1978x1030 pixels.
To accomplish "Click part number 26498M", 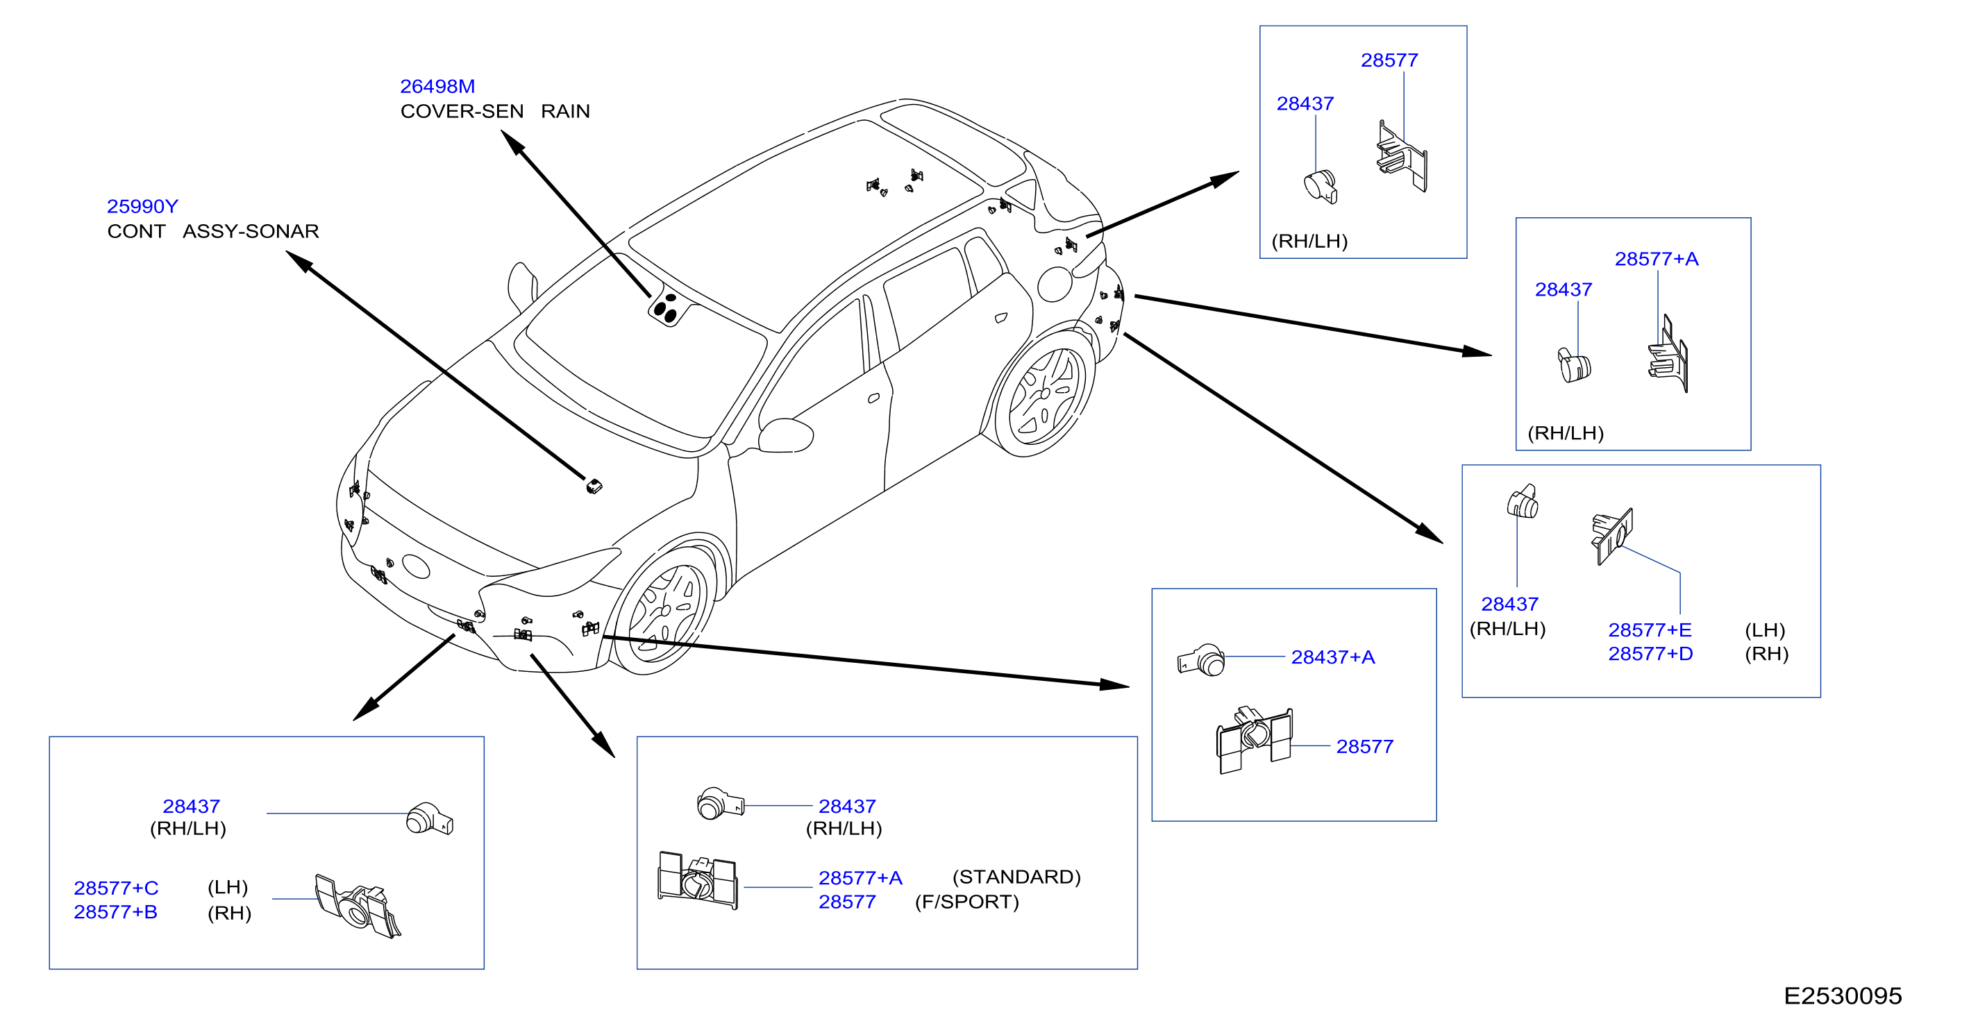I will coord(437,87).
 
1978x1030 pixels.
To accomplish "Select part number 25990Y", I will coord(142,206).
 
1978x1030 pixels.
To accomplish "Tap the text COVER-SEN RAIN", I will coord(494,111).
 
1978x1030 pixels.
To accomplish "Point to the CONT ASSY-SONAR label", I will coord(212,231).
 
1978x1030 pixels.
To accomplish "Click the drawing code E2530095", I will coord(1842,995).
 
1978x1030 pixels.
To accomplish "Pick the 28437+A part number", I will coord(1332,657).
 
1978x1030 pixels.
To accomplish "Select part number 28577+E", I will coord(1650,630).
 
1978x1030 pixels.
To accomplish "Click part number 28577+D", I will coord(1650,654).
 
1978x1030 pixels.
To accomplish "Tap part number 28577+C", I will coord(116,888).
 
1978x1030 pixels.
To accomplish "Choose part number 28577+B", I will coord(115,912).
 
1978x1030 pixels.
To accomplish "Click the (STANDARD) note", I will coord(1016,877).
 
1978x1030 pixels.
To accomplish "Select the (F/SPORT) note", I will coord(966,902).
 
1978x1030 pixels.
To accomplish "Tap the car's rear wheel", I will coord(1044,394).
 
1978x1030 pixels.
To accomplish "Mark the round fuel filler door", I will coord(1055,284).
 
